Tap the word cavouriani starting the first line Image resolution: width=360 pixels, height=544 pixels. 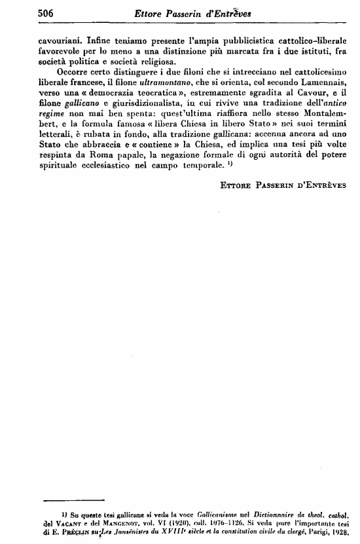point(62,39)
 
